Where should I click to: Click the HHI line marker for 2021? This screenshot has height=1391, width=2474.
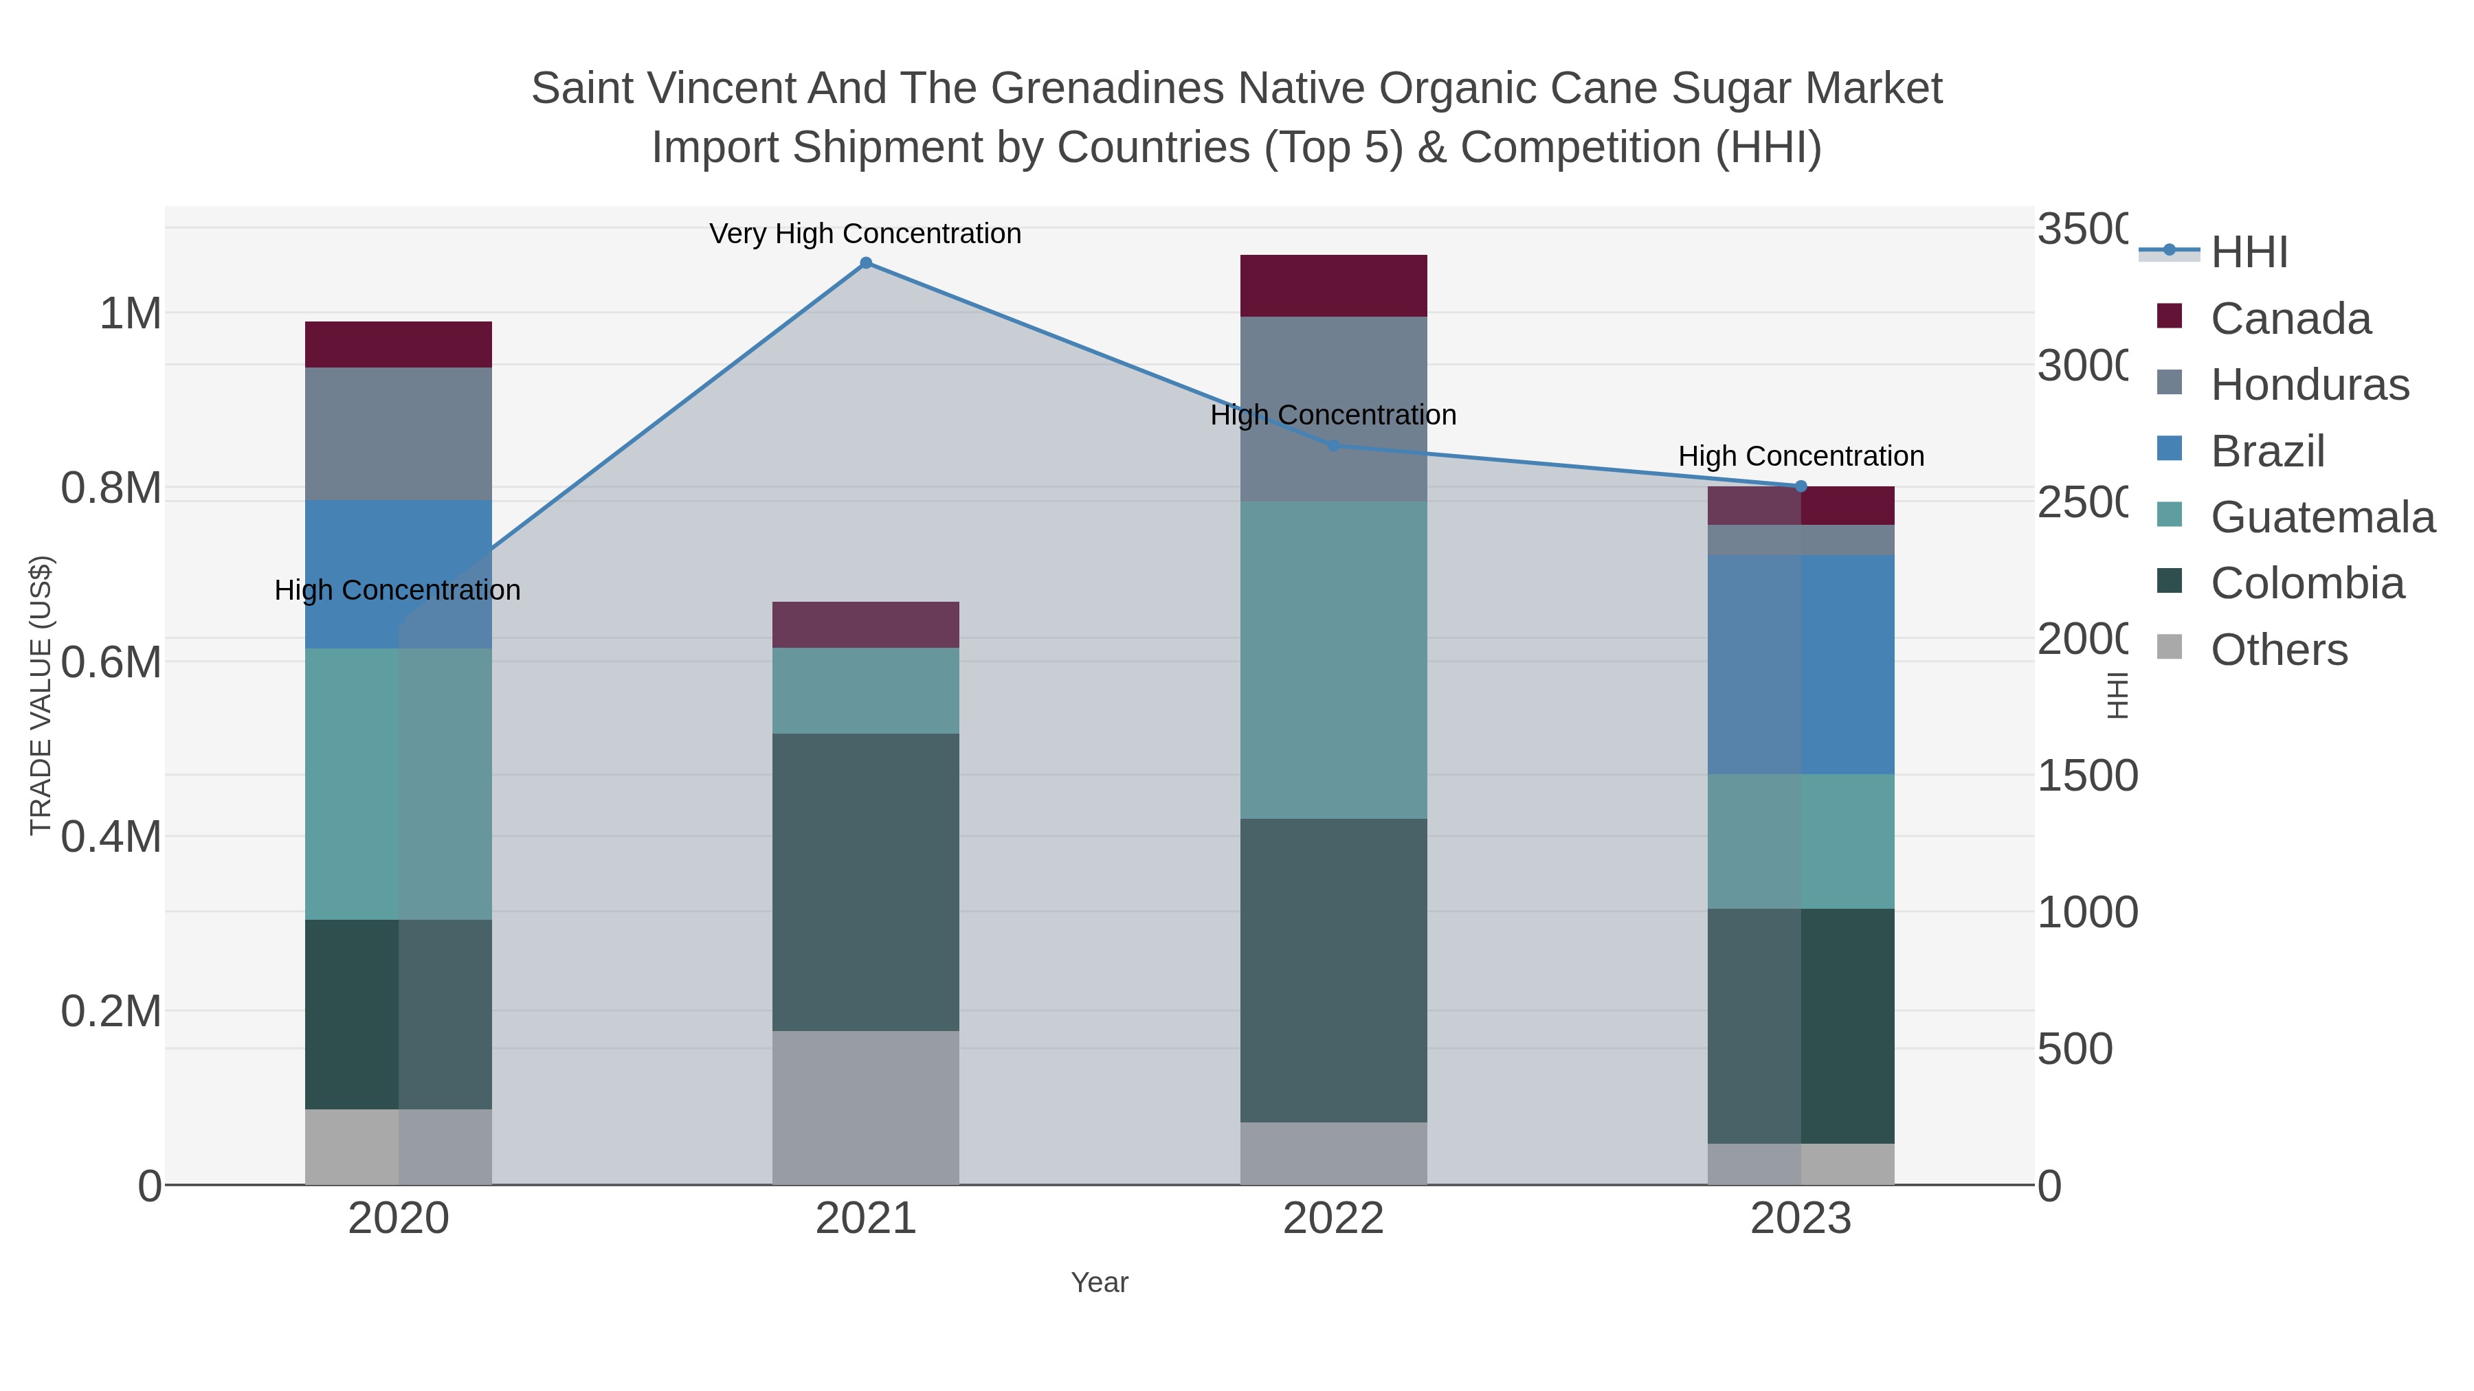pyautogui.click(x=865, y=263)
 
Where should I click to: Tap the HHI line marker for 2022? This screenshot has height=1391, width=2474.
pyautogui.click(x=1333, y=445)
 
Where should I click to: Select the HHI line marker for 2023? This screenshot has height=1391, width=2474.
pyautogui.click(x=1801, y=487)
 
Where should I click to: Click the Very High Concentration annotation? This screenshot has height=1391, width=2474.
pyautogui.click(x=865, y=234)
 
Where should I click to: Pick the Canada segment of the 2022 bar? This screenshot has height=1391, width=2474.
pyautogui.click(x=1333, y=286)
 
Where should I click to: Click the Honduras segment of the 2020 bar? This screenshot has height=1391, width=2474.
pyautogui.click(x=399, y=434)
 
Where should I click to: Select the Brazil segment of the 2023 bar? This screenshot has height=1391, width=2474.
pyautogui.click(x=1801, y=664)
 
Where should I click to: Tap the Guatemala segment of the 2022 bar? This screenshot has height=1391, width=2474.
pyautogui.click(x=1333, y=659)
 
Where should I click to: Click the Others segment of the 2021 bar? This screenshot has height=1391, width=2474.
pyautogui.click(x=865, y=1108)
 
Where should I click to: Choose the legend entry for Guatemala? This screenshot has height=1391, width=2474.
pyautogui.click(x=2322, y=517)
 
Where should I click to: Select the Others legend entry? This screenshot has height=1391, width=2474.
pyautogui.click(x=2278, y=650)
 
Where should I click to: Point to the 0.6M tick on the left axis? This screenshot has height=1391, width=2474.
pyautogui.click(x=111, y=662)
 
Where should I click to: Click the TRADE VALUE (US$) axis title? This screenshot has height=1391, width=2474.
pyautogui.click(x=41, y=695)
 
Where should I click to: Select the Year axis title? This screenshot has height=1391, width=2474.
pyautogui.click(x=1099, y=1282)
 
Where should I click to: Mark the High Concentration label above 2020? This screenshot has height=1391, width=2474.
pyautogui.click(x=398, y=590)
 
